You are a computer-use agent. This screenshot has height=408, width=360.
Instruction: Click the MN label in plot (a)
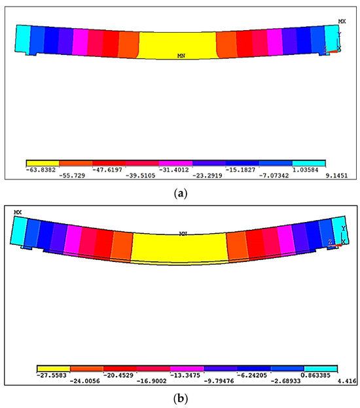pyautogui.click(x=181, y=56)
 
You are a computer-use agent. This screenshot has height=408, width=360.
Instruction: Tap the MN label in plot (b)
pyautogui.click(x=183, y=233)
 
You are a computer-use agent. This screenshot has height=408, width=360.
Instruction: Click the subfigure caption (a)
pyautogui.click(x=179, y=193)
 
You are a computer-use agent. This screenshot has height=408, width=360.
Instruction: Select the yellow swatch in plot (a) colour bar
pyautogui.click(x=42, y=162)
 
